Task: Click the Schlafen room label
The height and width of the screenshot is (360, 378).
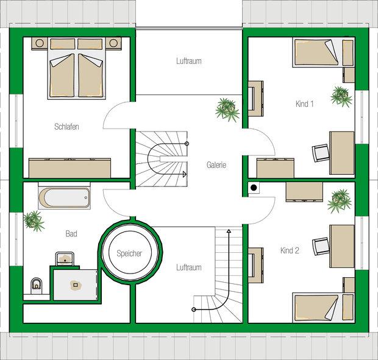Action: click(66, 127)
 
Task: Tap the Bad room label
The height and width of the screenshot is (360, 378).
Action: click(71, 233)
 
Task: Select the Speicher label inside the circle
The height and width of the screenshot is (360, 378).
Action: click(129, 253)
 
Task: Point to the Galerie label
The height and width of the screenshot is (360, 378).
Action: click(216, 165)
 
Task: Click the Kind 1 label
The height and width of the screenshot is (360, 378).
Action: click(304, 104)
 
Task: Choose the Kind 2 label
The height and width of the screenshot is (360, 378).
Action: click(290, 250)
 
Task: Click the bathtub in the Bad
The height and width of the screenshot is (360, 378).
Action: click(65, 198)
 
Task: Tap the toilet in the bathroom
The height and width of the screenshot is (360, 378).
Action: click(37, 286)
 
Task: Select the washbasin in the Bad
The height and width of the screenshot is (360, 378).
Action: click(65, 259)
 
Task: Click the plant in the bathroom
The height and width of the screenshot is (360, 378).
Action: click(34, 221)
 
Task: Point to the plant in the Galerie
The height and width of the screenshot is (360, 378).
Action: click(227, 110)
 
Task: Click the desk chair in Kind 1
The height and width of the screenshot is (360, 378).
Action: click(321, 153)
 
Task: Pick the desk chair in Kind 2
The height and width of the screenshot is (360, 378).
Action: click(321, 246)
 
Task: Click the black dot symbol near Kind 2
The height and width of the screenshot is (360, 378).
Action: click(254, 188)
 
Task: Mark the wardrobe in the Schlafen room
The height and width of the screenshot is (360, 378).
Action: click(70, 168)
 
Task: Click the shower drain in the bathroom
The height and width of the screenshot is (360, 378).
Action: click(76, 285)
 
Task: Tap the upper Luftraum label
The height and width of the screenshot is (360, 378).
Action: click(189, 61)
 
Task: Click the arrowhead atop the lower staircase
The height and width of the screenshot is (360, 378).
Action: click(229, 231)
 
